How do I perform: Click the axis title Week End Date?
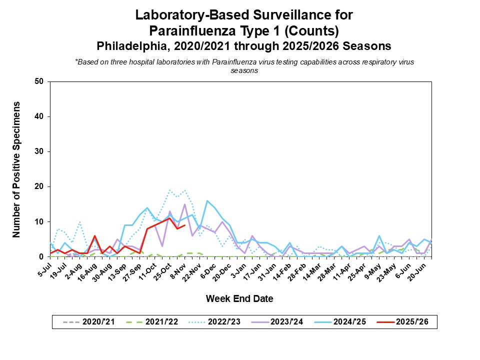(x=239, y=299)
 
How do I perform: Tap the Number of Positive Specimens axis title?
(x=16, y=169)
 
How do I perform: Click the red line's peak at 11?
(x=170, y=218)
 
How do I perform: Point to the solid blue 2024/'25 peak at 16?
(x=207, y=200)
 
